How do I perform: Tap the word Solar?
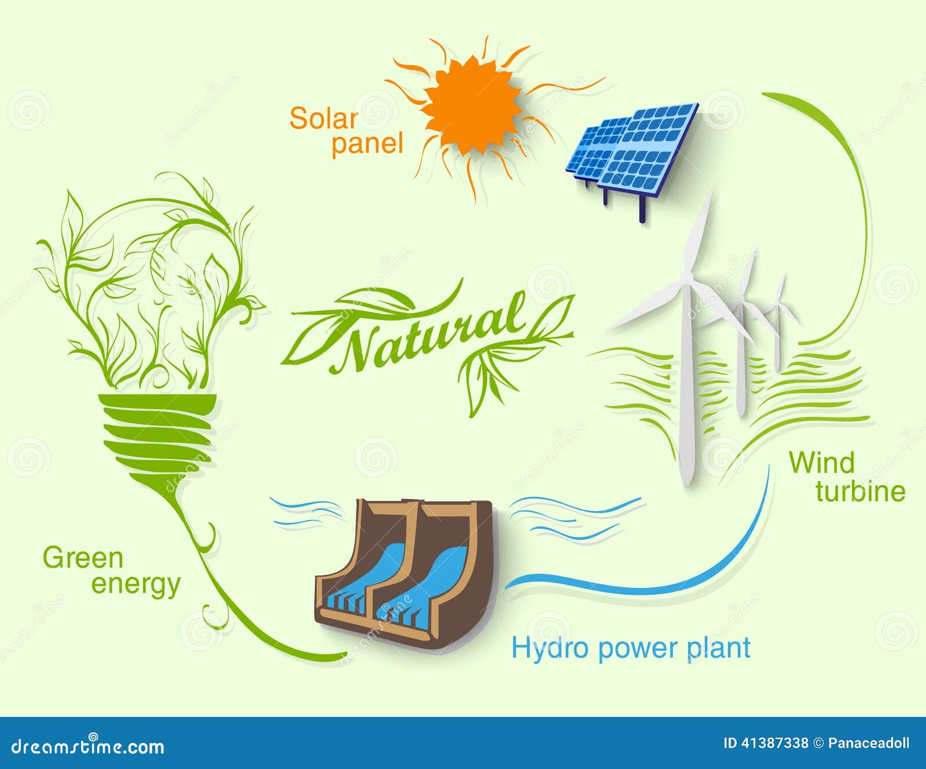coord(324,119)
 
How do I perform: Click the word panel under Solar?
coord(367,144)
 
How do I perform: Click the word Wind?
coord(821,463)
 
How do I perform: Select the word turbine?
coord(860,491)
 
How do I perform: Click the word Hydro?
coord(549,648)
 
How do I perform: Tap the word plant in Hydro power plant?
coord(718,648)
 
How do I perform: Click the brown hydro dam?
coord(405,573)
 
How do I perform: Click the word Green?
coord(83,558)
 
